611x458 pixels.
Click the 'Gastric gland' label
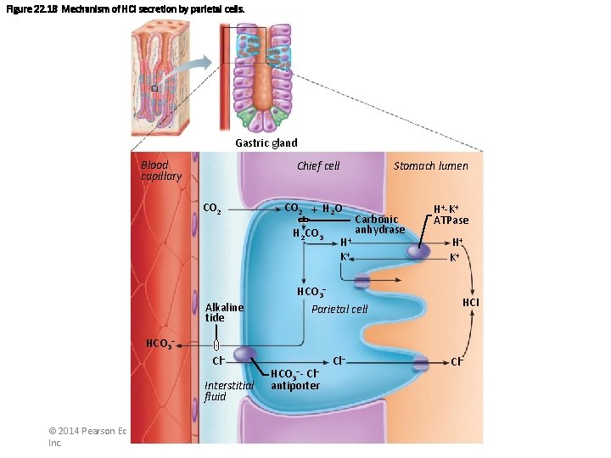(x=266, y=142)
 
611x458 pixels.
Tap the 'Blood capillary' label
(x=160, y=170)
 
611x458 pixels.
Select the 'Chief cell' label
(x=318, y=166)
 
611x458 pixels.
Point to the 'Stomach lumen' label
(x=430, y=166)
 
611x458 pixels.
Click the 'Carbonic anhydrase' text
(x=379, y=225)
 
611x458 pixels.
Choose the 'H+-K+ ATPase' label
(x=451, y=215)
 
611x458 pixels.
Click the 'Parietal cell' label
(x=339, y=309)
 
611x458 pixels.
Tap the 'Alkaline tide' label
(x=224, y=312)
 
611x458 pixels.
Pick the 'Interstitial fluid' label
(x=228, y=390)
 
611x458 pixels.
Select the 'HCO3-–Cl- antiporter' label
(x=295, y=380)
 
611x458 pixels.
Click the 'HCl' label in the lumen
(x=470, y=303)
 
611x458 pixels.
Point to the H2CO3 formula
(x=308, y=233)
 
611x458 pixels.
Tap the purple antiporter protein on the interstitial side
(x=245, y=355)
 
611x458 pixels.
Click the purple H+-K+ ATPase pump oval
(x=417, y=250)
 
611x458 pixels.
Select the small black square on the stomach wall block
(x=154, y=88)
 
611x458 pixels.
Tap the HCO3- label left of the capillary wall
(x=160, y=344)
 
